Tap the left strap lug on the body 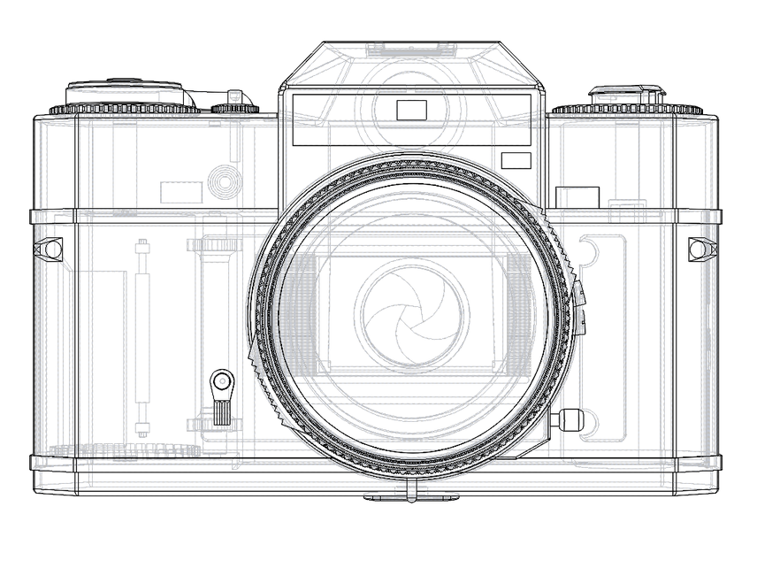pyautogui.click(x=51, y=249)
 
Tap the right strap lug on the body pyautogui.click(x=701, y=249)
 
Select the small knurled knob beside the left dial pyautogui.click(x=235, y=109)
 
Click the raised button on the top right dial pyautogui.click(x=627, y=91)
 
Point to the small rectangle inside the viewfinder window pyautogui.click(x=411, y=111)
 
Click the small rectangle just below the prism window pyautogui.click(x=516, y=160)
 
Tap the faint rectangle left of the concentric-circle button pyautogui.click(x=181, y=192)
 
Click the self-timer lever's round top pyautogui.click(x=221, y=383)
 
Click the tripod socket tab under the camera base pyautogui.click(x=411, y=496)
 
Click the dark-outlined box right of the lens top pyautogui.click(x=577, y=197)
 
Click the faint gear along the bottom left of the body pyautogui.click(x=124, y=449)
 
